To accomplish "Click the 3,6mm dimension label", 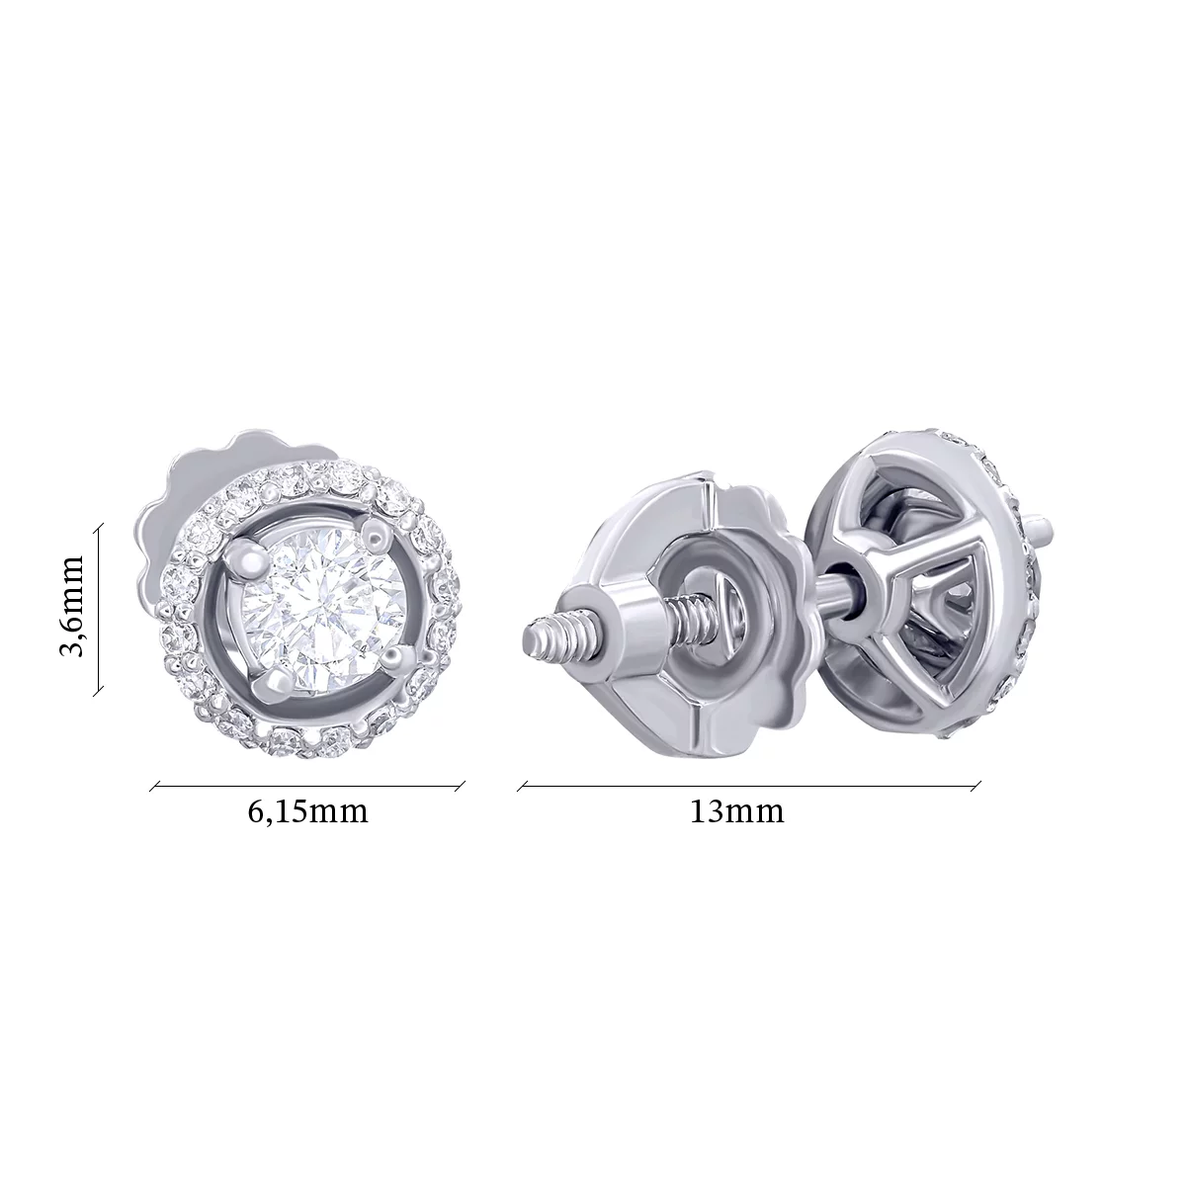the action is coord(71,606).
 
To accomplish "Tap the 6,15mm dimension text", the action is coord(307,812).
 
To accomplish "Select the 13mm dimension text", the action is coord(736,812).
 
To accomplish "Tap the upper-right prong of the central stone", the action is coord(375,536).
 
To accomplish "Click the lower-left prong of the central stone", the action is coord(276,684).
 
